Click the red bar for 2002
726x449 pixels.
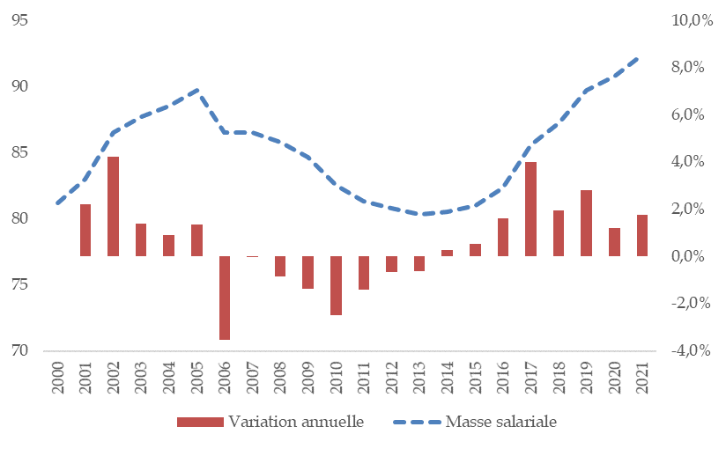pyautogui.click(x=114, y=206)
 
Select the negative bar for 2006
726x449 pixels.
pyautogui.click(x=225, y=298)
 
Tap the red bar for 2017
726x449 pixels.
pyautogui.click(x=530, y=209)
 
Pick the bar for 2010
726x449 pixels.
pyautogui.click(x=336, y=285)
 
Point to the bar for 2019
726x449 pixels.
pyautogui.click(x=587, y=223)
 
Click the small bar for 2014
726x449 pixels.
pyautogui.click(x=447, y=253)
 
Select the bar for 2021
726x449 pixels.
pyautogui.click(x=642, y=235)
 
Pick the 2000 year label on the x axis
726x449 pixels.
pyautogui.click(x=58, y=378)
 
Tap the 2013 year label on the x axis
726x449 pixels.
pyautogui.click(x=419, y=378)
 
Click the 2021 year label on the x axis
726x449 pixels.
pyautogui.click(x=642, y=378)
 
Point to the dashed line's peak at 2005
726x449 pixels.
pyautogui.click(x=197, y=90)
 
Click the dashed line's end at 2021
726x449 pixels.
pyautogui.click(x=642, y=56)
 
